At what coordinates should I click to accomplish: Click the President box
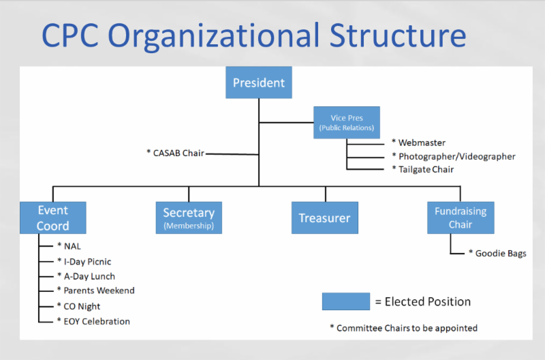coord(259,82)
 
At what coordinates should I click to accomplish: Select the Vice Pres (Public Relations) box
coord(347,123)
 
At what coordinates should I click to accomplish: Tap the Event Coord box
coord(53,217)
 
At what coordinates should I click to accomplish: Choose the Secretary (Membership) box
coord(189,217)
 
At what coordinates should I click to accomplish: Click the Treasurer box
coord(324,218)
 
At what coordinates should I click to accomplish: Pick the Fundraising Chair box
coord(460,217)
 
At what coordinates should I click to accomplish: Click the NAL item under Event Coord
coord(69,246)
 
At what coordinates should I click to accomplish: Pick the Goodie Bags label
coord(497,254)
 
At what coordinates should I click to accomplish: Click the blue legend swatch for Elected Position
coord(346,301)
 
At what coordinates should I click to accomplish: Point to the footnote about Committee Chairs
coord(403,328)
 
